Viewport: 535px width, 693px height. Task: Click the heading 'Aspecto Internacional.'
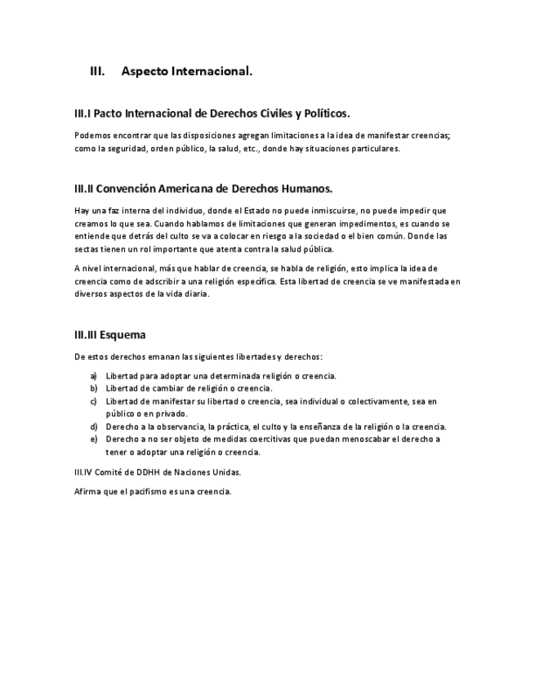point(186,72)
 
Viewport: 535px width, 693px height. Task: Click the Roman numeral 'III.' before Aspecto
point(96,72)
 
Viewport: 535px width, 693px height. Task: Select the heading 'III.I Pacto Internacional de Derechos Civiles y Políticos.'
point(212,113)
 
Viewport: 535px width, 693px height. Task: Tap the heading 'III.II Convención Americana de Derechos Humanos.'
point(203,189)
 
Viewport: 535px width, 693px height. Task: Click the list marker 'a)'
point(94,376)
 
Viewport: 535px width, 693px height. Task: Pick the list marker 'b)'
point(94,388)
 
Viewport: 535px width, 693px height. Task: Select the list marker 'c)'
point(94,401)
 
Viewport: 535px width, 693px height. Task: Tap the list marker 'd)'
point(94,427)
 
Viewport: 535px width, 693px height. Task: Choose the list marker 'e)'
point(94,439)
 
